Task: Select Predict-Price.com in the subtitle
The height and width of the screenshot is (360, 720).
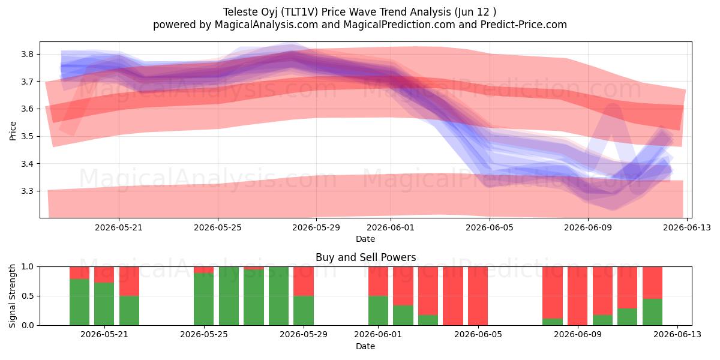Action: pos(524,25)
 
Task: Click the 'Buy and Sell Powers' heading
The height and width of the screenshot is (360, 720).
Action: pos(365,257)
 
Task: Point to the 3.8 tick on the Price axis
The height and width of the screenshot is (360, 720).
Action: pos(27,54)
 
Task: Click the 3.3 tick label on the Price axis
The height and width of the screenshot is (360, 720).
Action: pos(27,191)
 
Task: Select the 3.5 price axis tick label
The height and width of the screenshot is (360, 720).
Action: pos(27,136)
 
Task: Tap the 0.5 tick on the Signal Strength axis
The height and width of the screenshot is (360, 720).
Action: pos(27,296)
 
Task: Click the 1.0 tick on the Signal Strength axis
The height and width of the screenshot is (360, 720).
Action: pos(27,267)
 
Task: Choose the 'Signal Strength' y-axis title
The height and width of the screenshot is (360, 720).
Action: pos(12,296)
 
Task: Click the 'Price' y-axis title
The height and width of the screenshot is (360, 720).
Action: pos(12,131)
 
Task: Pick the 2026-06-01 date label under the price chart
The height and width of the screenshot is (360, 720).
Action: pos(391,227)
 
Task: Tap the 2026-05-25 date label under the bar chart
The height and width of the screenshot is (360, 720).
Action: pos(204,335)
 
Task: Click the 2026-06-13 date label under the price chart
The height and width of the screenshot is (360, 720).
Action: pos(687,227)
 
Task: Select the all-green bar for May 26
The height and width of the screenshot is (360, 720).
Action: pos(229,296)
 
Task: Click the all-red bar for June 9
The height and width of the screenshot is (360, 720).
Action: pos(577,296)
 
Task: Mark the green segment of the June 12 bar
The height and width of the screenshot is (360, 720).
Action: pos(653,312)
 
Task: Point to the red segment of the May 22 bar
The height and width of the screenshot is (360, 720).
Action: pos(129,281)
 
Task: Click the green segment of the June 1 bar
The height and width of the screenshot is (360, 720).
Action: pos(379,311)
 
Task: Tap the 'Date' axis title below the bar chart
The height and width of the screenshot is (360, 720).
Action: pos(365,346)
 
